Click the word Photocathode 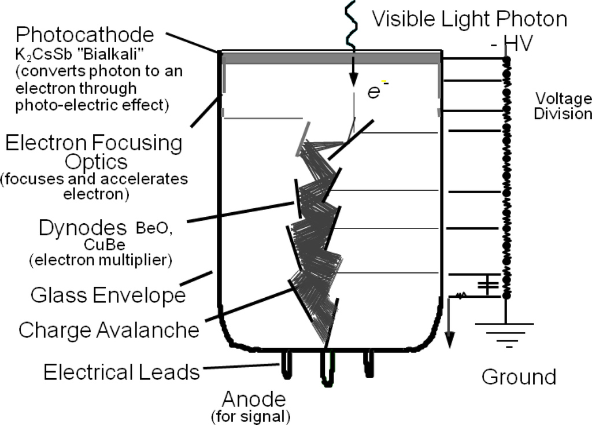click(85, 35)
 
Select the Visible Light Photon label click(469, 19)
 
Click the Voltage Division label click(563, 105)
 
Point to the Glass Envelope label click(108, 295)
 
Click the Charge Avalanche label click(109, 330)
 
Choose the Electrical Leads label click(121, 371)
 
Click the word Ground click(519, 376)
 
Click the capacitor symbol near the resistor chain click(488, 286)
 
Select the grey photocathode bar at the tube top click(330, 58)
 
